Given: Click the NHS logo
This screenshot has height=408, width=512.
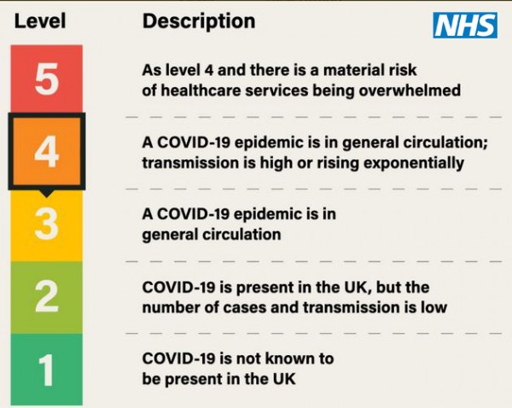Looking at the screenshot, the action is click(x=465, y=25).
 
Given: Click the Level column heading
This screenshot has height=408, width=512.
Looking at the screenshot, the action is click(x=40, y=20).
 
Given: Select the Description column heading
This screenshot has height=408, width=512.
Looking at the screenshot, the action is click(x=199, y=22).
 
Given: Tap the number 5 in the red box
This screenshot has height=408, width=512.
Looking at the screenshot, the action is click(x=47, y=79).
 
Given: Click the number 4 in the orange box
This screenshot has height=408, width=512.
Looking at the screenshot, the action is click(x=47, y=152).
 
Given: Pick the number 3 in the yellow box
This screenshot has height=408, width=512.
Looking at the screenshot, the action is click(x=47, y=224).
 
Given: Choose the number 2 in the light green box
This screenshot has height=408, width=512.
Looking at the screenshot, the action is click(x=47, y=296).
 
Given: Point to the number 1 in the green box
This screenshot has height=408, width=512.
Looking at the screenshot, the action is click(x=46, y=370).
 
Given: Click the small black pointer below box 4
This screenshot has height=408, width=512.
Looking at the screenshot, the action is click(x=47, y=193).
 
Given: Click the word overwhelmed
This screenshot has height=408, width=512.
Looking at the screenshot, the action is click(x=410, y=90).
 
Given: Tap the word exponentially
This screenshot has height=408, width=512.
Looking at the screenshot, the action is click(x=414, y=163).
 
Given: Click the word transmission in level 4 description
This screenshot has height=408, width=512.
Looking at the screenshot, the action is click(x=190, y=163).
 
